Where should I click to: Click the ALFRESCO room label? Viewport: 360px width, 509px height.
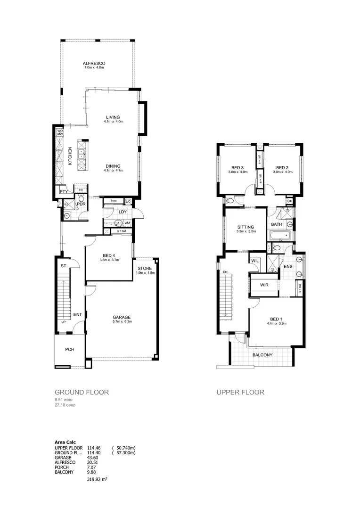click(x=94, y=63)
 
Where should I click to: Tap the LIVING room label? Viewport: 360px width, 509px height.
click(x=113, y=117)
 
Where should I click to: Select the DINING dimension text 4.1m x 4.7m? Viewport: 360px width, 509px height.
click(x=113, y=171)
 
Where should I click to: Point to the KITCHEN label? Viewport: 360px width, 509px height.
click(x=70, y=155)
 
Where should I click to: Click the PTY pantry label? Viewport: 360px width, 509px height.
click(x=62, y=192)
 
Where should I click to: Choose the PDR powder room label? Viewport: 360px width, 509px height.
click(x=81, y=204)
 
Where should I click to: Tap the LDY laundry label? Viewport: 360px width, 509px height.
click(x=122, y=212)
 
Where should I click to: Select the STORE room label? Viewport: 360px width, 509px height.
click(x=145, y=268)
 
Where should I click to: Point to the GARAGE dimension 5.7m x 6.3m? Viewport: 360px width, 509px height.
click(x=122, y=322)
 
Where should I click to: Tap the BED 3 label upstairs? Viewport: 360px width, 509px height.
click(x=237, y=167)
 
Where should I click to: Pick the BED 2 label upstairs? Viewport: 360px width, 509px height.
click(x=282, y=167)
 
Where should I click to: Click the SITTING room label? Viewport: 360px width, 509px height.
click(x=245, y=227)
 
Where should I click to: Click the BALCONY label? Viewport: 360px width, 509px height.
click(x=262, y=355)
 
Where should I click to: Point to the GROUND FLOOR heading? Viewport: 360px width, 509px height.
click(x=82, y=392)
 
